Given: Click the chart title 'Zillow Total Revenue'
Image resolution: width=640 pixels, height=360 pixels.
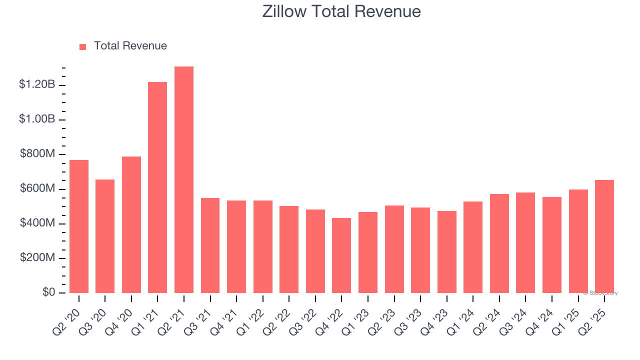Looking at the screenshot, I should coord(341,11).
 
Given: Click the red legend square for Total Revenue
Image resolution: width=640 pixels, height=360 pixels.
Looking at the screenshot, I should coord(83,46).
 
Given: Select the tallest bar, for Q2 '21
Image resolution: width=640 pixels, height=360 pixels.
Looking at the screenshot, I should coord(184,180).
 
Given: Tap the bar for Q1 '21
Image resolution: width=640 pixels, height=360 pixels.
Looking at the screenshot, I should coord(157,187).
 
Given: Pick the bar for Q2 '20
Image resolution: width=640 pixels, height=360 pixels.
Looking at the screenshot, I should coord(79,226).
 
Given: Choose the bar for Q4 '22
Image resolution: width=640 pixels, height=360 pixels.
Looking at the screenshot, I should coord(341,255).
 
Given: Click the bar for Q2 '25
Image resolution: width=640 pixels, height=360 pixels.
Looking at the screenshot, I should coord(604,236).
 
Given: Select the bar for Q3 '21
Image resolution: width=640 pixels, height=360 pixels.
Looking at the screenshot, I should coord(210,245).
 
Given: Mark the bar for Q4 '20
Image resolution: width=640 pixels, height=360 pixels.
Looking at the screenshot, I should coord(131,225).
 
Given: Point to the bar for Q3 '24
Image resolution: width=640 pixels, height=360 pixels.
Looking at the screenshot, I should coord(525,243).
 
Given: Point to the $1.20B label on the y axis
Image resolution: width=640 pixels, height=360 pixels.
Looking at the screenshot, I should coord(37,84).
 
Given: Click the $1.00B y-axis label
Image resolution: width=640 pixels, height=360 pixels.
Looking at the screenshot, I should coord(37,119).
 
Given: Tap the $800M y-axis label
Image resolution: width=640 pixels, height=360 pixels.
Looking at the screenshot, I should coord(37,154).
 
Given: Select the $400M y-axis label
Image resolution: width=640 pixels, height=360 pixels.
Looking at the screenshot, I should coord(37,223).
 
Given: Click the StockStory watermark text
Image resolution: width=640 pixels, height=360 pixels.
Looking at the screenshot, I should coord(601,293).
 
